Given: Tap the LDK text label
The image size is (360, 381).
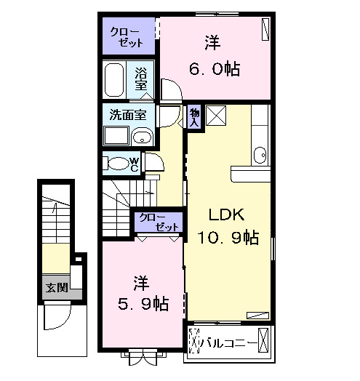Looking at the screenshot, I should (x=226, y=214).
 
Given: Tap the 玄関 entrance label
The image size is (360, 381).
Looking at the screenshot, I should (x=55, y=288).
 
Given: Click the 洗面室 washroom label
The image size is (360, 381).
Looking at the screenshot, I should (x=128, y=114).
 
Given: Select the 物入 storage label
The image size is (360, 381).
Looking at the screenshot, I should (x=195, y=116).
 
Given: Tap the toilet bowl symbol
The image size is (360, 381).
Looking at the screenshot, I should (x=116, y=163).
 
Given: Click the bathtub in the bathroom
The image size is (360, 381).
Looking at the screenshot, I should (x=114, y=79).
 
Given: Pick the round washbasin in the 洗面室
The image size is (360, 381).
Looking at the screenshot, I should (x=143, y=136).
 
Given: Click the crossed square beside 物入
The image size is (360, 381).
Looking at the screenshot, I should (x=217, y=115).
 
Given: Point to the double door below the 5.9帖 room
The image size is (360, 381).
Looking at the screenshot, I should (x=143, y=358).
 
